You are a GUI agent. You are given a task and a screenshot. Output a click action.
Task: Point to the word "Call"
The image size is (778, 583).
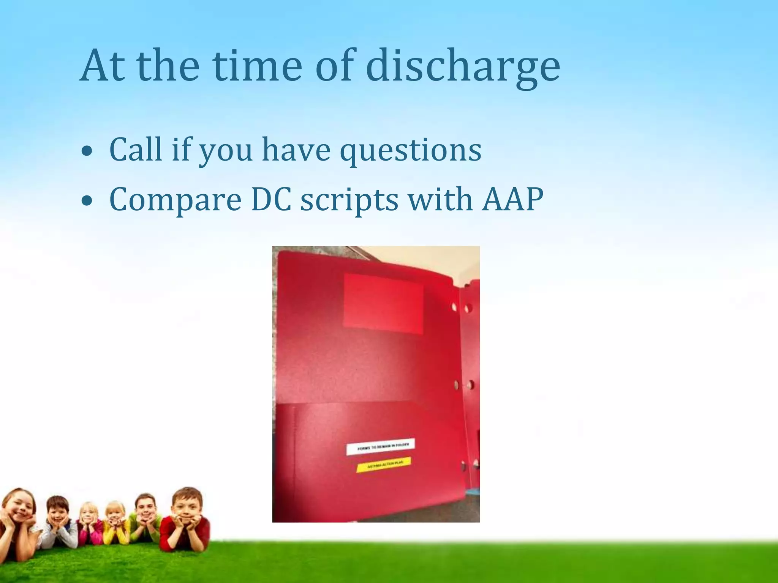(136, 150)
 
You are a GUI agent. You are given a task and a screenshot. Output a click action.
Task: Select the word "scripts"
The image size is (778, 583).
(349, 200)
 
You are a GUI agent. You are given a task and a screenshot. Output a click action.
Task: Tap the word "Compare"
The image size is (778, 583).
(175, 200)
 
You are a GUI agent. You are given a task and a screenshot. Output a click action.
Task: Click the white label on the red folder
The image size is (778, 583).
(380, 447)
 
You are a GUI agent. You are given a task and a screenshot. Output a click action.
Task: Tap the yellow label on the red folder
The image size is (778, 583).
(384, 465)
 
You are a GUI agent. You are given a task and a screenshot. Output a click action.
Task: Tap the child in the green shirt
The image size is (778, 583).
(145, 516)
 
